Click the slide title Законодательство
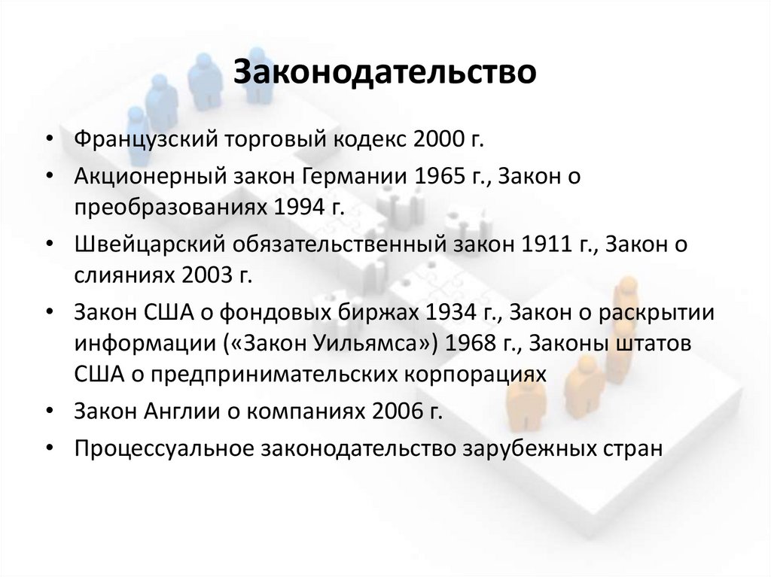point(385,71)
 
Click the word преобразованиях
point(160,205)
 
